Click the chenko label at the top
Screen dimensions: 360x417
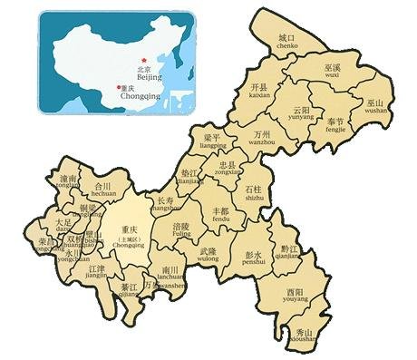tap(287, 45)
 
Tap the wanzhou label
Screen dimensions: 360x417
tap(262, 142)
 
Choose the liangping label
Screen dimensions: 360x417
tap(213, 144)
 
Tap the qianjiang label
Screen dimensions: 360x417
tap(291, 256)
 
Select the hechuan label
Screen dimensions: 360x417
tap(103, 194)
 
